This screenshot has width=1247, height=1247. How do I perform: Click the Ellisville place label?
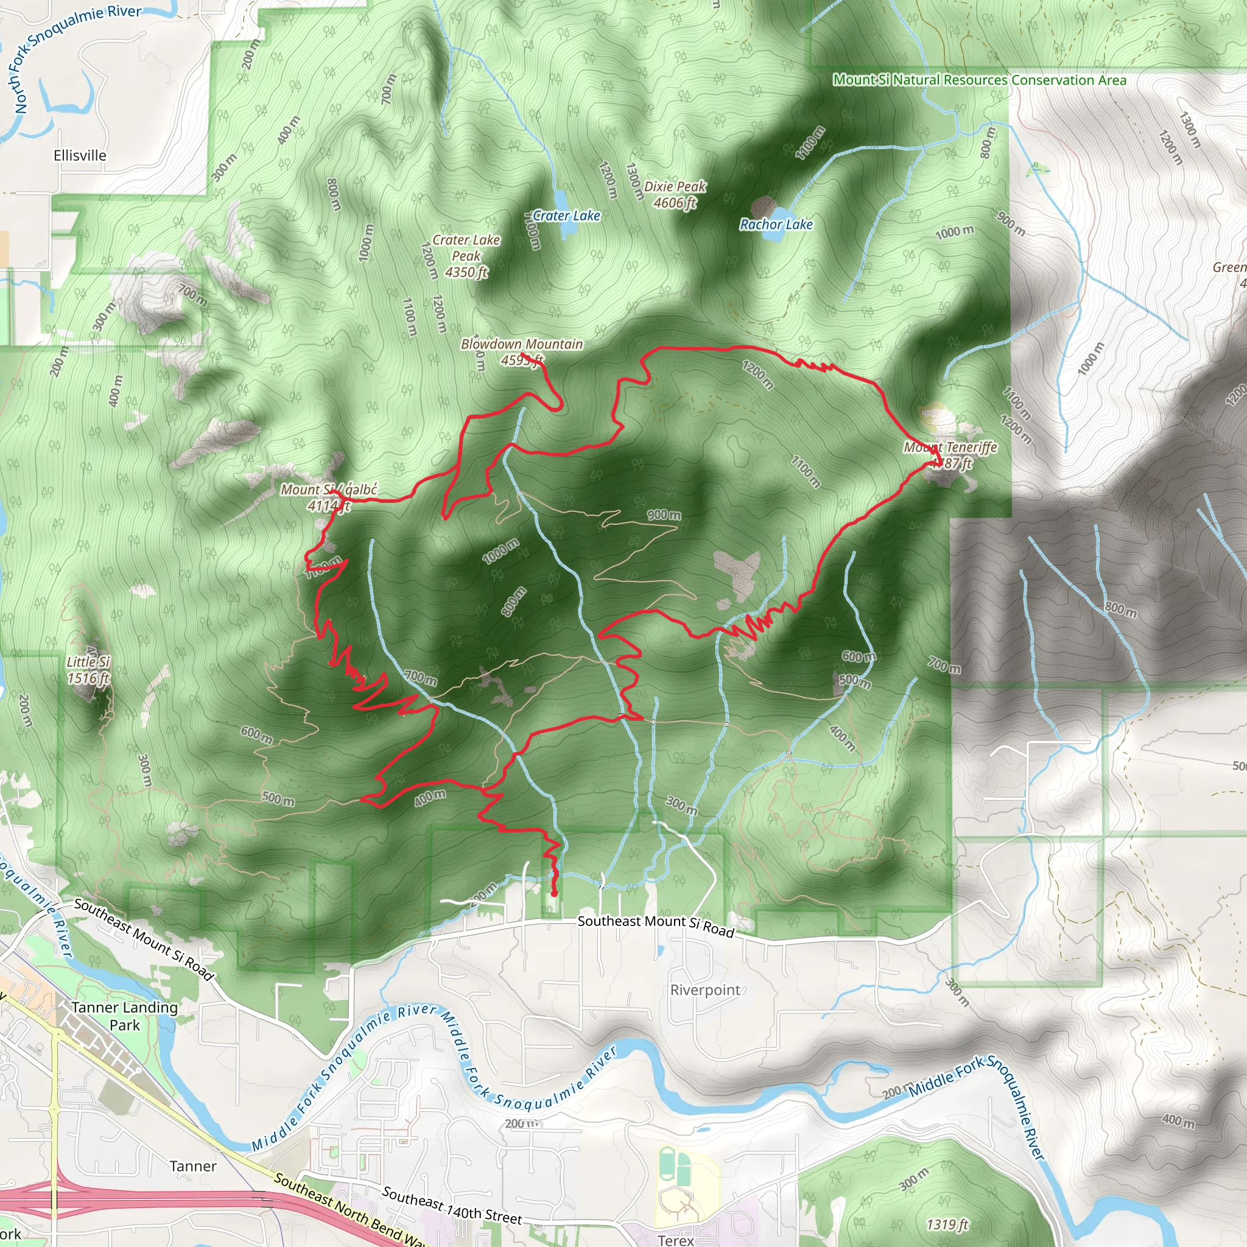[80, 155]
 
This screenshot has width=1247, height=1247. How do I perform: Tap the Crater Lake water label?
[566, 216]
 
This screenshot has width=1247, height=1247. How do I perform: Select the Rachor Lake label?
[776, 225]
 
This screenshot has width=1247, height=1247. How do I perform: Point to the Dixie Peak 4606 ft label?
[675, 194]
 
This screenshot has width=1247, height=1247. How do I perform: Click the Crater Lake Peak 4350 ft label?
[466, 256]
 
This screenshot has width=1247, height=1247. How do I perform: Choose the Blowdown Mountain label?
[522, 344]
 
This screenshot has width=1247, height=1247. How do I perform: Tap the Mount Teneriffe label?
[950, 448]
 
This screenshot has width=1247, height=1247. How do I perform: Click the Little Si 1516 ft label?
[88, 669]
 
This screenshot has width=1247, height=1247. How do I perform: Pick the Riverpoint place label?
[705, 990]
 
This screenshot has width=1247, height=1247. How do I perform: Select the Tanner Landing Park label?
[125, 1016]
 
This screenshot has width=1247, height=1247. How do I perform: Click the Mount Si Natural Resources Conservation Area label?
[979, 80]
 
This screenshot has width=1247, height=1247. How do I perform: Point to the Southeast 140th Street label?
[452, 1205]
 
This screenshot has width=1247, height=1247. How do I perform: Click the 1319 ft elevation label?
[947, 1224]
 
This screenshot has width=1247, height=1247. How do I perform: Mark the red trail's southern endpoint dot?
[554, 894]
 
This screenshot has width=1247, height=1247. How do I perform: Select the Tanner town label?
[193, 1166]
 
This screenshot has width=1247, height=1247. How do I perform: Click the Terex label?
[676, 1240]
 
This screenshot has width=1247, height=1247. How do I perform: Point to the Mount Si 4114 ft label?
[329, 497]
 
